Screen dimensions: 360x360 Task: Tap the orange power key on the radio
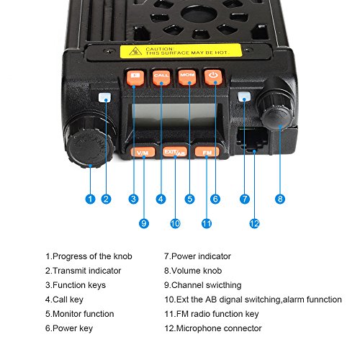click(213, 77)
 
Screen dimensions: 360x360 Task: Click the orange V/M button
click(143, 152)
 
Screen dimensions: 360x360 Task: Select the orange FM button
click(207, 152)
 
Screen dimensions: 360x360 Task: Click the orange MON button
click(187, 77)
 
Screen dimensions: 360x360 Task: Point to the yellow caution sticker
click(181, 50)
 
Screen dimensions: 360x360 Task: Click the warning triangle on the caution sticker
click(135, 51)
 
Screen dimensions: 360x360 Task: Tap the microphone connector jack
click(252, 139)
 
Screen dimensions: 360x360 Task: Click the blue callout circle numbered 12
click(254, 224)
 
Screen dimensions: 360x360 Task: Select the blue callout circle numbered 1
click(90, 199)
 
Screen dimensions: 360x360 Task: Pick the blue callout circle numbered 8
click(280, 199)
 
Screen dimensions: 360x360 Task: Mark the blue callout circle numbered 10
click(175, 224)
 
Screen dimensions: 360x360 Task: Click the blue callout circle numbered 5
click(189, 199)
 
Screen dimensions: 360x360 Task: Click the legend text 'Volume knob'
click(193, 271)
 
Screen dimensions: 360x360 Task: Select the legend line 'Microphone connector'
click(213, 328)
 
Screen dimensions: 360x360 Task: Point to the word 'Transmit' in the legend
click(68, 271)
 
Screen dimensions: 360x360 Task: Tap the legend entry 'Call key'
click(64, 300)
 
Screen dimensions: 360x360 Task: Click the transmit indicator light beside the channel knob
click(104, 97)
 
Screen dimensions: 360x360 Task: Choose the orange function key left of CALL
click(135, 77)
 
